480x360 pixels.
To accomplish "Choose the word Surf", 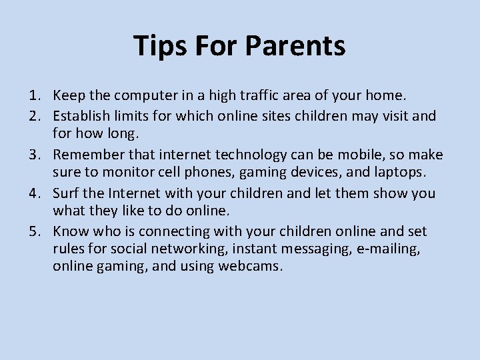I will coord(65,193).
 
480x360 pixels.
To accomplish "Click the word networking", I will coord(176,249).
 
